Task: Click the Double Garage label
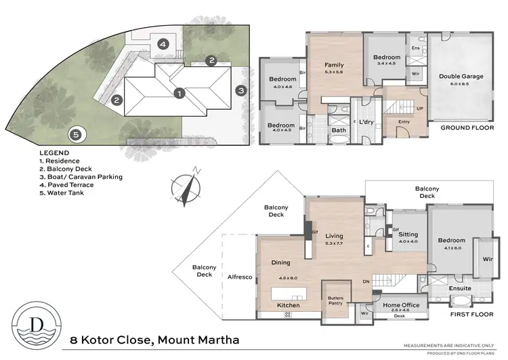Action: pyautogui.click(x=461, y=77)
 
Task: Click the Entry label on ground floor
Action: pyautogui.click(x=405, y=121)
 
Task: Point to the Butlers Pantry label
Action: pyautogui.click(x=335, y=300)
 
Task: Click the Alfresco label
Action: pyautogui.click(x=240, y=277)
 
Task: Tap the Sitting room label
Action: pyautogui.click(x=408, y=234)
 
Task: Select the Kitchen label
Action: pyautogui.click(x=289, y=306)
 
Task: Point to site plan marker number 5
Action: pyautogui.click(x=76, y=134)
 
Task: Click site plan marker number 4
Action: pyautogui.click(x=163, y=44)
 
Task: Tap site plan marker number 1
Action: pyautogui.click(x=179, y=92)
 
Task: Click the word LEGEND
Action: pyautogui.click(x=55, y=153)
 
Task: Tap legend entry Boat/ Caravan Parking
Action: pyautogui.click(x=81, y=177)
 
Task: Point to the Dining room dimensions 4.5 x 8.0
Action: pyautogui.click(x=289, y=277)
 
